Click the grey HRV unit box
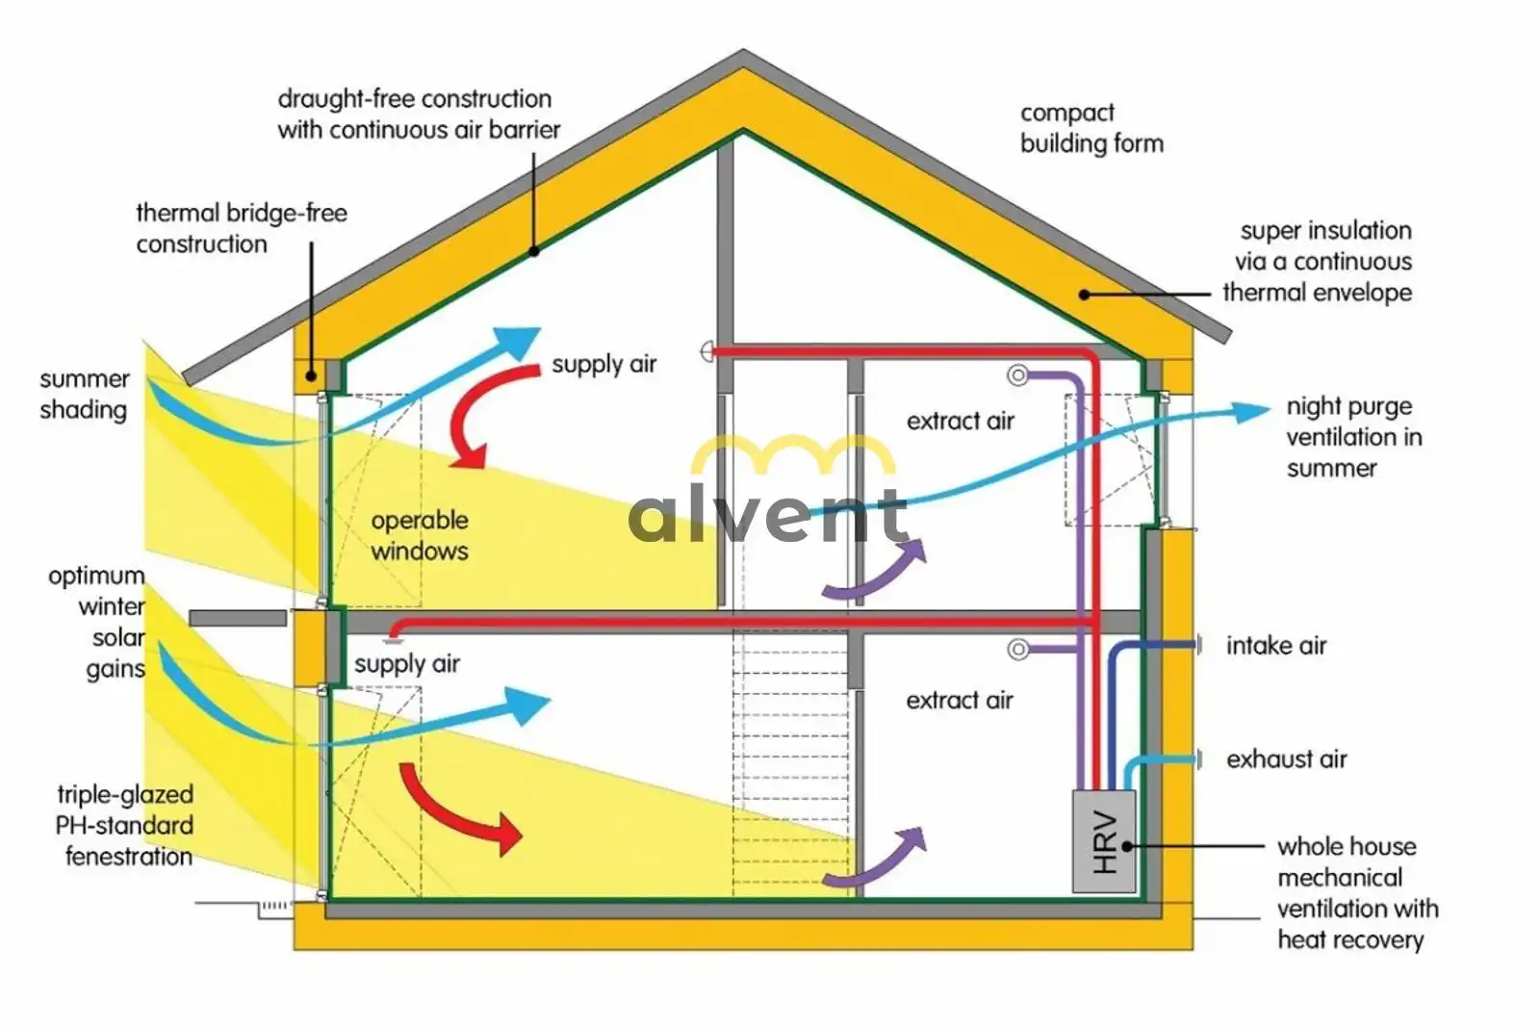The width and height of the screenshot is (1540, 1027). [x=1103, y=841]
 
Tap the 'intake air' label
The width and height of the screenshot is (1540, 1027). [x=1276, y=646]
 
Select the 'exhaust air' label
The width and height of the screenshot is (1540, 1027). [x=1286, y=758]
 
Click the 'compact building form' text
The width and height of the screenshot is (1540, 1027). [x=1091, y=129]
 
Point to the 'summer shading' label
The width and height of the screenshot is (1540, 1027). [x=84, y=394]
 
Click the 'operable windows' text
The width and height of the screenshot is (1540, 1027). [x=420, y=535]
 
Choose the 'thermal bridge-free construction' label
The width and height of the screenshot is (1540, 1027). [x=242, y=228]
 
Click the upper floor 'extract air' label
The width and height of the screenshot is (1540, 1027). [x=960, y=421]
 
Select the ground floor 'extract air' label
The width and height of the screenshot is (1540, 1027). [x=959, y=701]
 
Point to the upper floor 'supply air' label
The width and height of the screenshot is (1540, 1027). [x=603, y=364]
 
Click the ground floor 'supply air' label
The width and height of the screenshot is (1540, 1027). [x=406, y=664]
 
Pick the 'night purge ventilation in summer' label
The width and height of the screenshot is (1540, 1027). [x=1354, y=437]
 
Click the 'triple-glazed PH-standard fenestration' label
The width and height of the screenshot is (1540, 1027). [x=124, y=826]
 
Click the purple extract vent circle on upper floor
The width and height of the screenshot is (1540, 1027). [x=1018, y=375]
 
